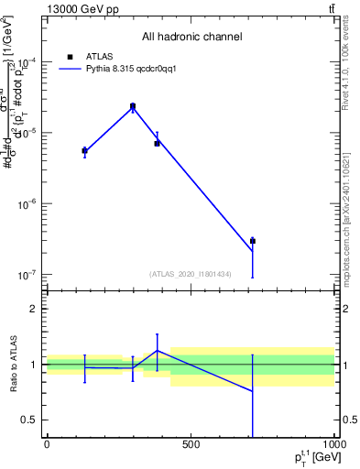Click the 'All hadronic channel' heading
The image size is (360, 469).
pos(191,37)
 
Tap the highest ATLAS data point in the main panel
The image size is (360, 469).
pos(133,107)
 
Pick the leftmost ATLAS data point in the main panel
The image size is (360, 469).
pos(84,150)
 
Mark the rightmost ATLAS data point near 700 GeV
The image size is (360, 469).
pos(252,241)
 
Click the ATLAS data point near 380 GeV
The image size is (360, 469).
pos(157,143)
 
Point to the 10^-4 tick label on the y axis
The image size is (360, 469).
pos(27,62)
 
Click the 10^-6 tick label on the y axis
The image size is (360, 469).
pos(27,204)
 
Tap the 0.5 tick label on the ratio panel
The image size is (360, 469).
pos(30,420)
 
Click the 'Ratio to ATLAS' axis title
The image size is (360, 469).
pos(14,365)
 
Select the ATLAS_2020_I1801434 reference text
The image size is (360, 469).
pos(191,274)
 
